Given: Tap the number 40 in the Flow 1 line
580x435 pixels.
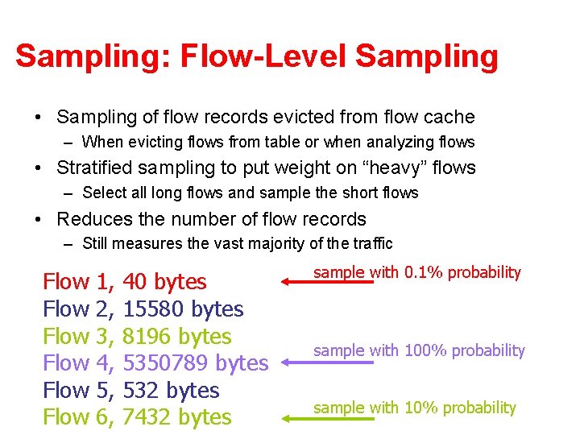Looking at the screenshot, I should (x=135, y=282).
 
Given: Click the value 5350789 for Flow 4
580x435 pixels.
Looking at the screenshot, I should (x=168, y=363).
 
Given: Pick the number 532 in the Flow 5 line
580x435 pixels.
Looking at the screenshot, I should (x=141, y=391).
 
